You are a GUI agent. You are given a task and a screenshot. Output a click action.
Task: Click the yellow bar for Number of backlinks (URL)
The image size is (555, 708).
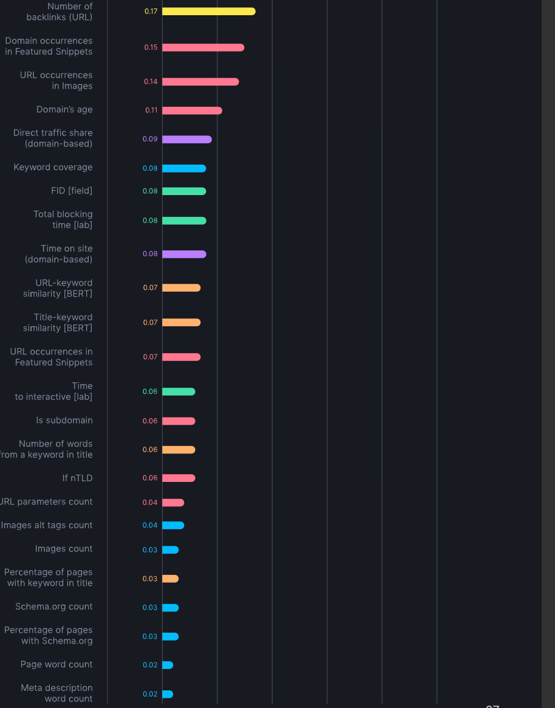(208, 11)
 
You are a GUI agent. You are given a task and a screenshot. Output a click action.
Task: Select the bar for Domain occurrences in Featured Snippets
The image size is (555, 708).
(203, 47)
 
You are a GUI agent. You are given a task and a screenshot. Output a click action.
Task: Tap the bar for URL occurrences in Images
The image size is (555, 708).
(200, 81)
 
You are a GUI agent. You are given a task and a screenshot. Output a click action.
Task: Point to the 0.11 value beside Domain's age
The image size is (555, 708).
(151, 111)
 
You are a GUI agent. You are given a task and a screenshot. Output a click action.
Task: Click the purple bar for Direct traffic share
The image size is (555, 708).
(186, 139)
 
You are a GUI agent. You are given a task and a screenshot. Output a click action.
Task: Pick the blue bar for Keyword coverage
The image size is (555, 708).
(184, 168)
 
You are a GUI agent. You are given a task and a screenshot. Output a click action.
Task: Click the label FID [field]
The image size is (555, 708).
(72, 191)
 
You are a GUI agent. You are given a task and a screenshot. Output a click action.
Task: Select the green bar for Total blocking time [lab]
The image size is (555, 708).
(184, 221)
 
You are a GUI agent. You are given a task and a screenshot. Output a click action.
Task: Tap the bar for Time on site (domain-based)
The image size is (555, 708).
(184, 254)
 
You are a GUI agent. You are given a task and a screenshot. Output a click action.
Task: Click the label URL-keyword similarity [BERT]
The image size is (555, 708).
(58, 288)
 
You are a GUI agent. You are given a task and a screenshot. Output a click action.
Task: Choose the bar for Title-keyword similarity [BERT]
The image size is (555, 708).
(181, 323)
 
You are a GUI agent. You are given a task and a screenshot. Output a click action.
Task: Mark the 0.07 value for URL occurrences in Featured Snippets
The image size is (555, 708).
(150, 357)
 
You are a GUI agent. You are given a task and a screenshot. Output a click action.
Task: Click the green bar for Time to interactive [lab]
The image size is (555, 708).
(179, 391)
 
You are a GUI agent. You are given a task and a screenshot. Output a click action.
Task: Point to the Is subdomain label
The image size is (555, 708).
(64, 421)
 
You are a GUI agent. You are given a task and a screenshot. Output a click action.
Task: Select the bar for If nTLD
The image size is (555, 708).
(179, 478)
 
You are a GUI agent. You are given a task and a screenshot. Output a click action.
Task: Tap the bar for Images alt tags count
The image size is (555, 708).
(173, 525)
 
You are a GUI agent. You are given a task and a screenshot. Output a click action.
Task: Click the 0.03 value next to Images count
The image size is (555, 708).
(150, 550)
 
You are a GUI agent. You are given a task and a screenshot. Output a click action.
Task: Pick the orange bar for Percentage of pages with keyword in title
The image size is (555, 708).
(170, 579)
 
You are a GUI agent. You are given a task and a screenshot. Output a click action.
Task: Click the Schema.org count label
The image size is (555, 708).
(54, 607)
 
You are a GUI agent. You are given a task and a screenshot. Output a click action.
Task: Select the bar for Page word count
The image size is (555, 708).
(168, 665)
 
